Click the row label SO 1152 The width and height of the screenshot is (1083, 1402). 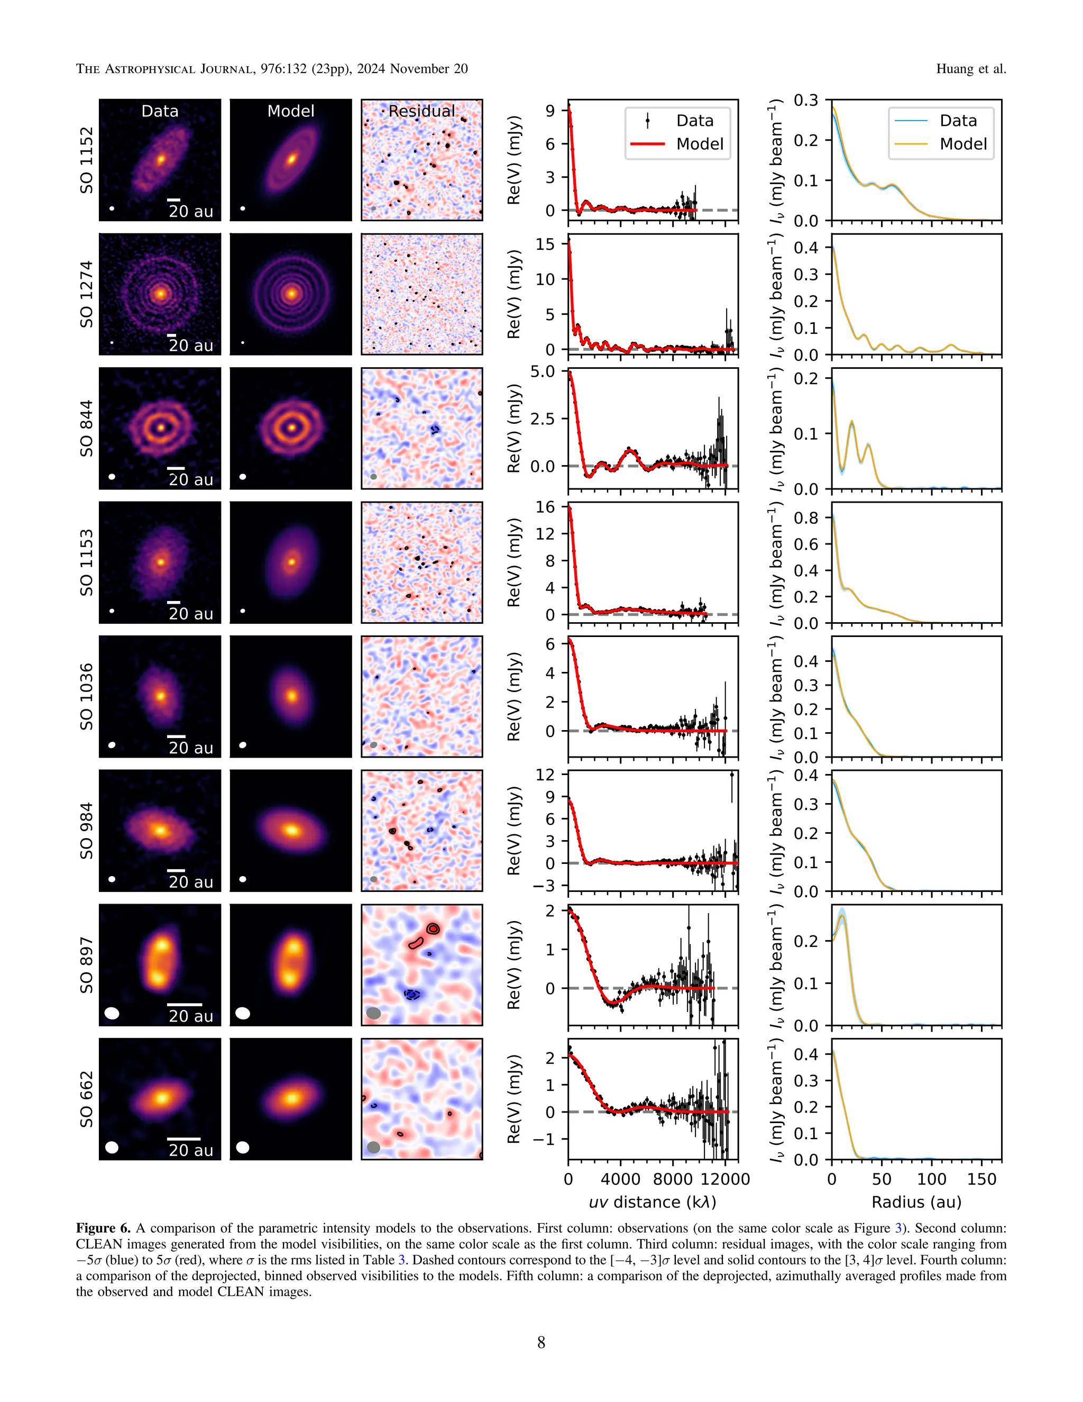[86, 160]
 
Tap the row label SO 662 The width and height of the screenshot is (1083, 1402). [86, 1099]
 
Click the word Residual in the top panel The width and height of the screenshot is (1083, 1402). [421, 111]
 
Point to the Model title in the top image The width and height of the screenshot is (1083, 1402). [291, 111]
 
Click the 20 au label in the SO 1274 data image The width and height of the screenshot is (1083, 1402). [190, 346]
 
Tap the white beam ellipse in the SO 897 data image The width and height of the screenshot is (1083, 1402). [112, 1013]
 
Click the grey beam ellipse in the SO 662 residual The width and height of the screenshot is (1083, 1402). [373, 1147]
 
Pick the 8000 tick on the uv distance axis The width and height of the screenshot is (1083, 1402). [673, 1179]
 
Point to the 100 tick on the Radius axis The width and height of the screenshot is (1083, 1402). [932, 1179]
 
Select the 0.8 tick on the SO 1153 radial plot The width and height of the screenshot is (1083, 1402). [806, 518]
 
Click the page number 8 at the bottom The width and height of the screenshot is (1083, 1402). [541, 1342]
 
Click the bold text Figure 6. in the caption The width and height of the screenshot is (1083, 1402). [103, 1228]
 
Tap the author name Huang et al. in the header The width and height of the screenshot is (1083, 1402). [971, 69]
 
